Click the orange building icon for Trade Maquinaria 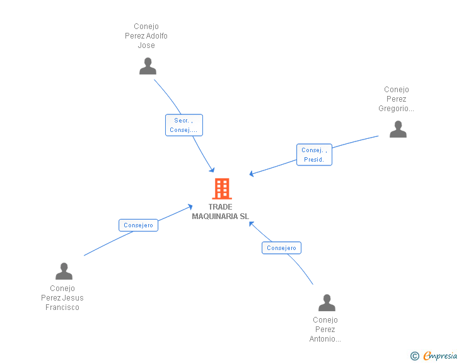point(221,189)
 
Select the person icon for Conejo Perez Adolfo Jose point(148,66)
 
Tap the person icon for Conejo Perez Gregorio point(398,129)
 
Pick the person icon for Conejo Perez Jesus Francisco point(64,271)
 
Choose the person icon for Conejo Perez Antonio point(327,303)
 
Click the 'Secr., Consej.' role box point(183,125)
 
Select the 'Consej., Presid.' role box point(314,155)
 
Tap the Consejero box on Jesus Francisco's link point(138,225)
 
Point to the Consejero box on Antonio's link point(281,248)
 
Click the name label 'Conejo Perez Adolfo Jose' point(146,36)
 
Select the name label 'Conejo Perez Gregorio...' point(397,99)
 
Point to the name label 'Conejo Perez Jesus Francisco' point(62,298)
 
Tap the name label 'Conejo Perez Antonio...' point(325,330)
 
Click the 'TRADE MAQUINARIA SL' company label point(221,211)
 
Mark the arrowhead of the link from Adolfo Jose point(212,170)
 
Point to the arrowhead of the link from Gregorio point(252,174)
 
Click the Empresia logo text point(440,356)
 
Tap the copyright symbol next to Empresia point(414,356)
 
